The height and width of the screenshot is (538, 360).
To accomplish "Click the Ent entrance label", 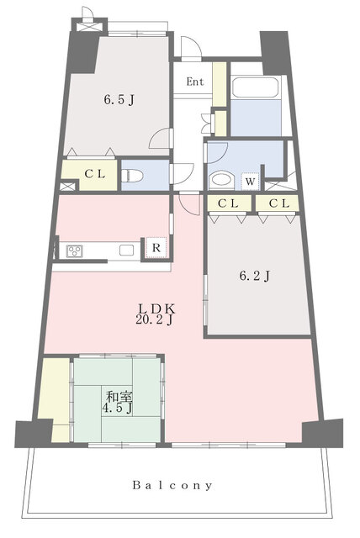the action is coord(195,82).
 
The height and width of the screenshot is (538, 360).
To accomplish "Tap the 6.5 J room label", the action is coord(119,100).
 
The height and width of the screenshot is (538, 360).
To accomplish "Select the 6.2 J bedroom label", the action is coord(254,275).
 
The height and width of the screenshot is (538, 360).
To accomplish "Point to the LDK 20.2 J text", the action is coord(156,314).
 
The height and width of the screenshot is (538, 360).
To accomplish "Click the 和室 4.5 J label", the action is coord(119,402).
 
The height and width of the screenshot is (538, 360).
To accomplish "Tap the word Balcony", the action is coord(172,485).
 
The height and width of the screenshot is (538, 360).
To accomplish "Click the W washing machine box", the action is coord(250,181).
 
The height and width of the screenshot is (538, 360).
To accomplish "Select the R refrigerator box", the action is coord(156,247).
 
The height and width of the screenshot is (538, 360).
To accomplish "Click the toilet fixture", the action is coord(132,176).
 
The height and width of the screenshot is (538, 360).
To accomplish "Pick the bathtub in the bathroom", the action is coord(255,87).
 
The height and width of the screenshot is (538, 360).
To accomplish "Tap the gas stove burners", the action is coord(75,251).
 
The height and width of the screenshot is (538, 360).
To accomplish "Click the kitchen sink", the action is coord(126,251).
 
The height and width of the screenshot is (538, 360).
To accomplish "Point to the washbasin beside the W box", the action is coord(221,181).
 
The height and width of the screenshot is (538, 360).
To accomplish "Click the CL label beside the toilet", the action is coord(95,174).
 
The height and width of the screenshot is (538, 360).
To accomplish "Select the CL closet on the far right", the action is coord(278,203).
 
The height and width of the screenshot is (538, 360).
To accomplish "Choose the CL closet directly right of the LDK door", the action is coord(228,203).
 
